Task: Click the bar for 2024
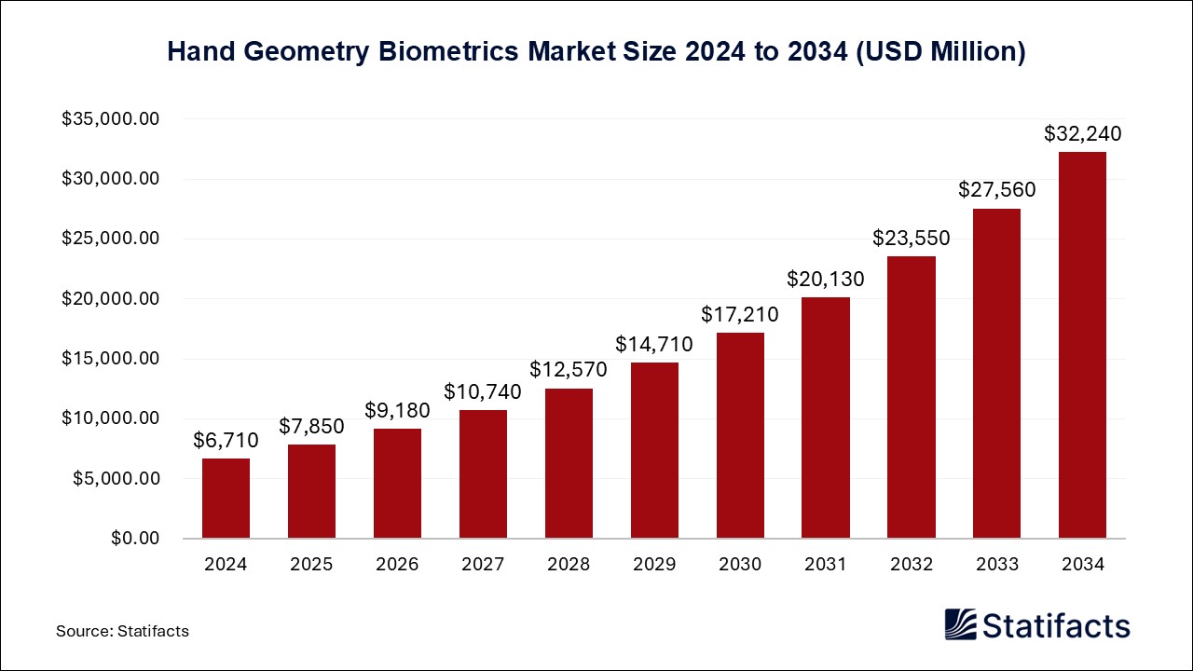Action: (226, 499)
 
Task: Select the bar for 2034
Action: (1082, 345)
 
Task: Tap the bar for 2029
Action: (654, 450)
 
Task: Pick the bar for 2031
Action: (826, 418)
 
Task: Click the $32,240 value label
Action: (1082, 134)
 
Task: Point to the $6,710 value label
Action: (226, 441)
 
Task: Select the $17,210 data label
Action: (740, 315)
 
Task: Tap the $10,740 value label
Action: (483, 392)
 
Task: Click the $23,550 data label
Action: (912, 238)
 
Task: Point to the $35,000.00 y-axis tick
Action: (111, 119)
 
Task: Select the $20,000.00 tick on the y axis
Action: (111, 299)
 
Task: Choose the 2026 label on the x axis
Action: (397, 564)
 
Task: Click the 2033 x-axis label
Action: (996, 564)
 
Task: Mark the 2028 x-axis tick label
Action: (569, 564)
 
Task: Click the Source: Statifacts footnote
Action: (122, 631)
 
